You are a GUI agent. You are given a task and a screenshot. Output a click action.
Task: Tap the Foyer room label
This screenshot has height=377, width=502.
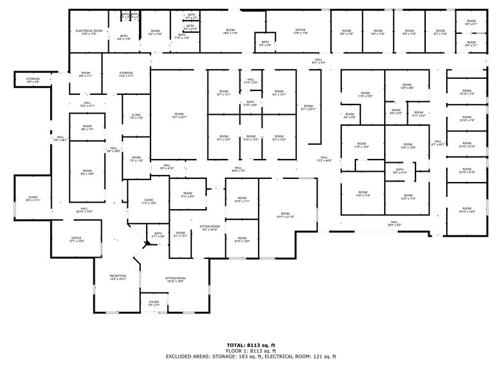coord(154,303)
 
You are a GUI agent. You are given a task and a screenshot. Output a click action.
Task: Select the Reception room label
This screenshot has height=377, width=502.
coord(118,277)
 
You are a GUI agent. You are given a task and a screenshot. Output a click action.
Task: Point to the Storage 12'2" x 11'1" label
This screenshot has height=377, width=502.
coord(125,74)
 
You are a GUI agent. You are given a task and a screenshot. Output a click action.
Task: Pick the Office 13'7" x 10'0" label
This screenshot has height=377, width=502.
coord(76,240)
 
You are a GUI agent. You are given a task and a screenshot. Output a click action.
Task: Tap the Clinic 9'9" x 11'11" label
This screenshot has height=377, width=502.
coord(33,199)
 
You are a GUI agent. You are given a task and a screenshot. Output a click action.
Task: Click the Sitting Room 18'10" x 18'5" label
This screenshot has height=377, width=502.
coord(175,280)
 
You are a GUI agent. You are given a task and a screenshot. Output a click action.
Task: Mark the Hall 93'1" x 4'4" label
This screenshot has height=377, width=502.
coord(318,61)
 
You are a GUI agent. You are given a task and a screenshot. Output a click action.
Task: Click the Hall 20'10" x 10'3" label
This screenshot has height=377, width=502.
coord(85,210)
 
